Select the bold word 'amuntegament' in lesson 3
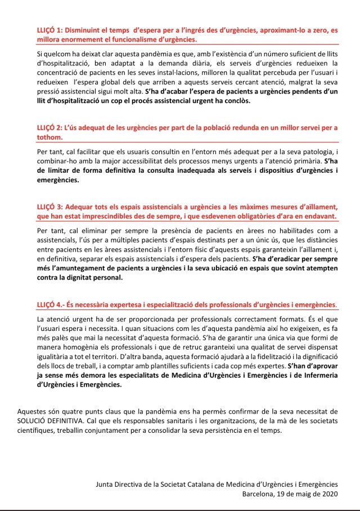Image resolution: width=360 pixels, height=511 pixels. (78, 268)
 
